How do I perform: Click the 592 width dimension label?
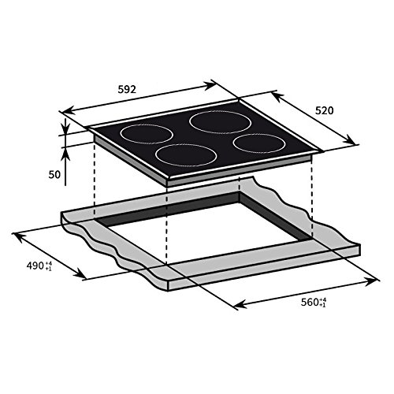click(127, 90)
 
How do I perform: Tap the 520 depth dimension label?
click(324, 110)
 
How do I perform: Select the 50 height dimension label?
click(54, 175)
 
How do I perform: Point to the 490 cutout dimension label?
click(35, 266)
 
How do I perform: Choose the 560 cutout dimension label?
click(310, 303)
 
